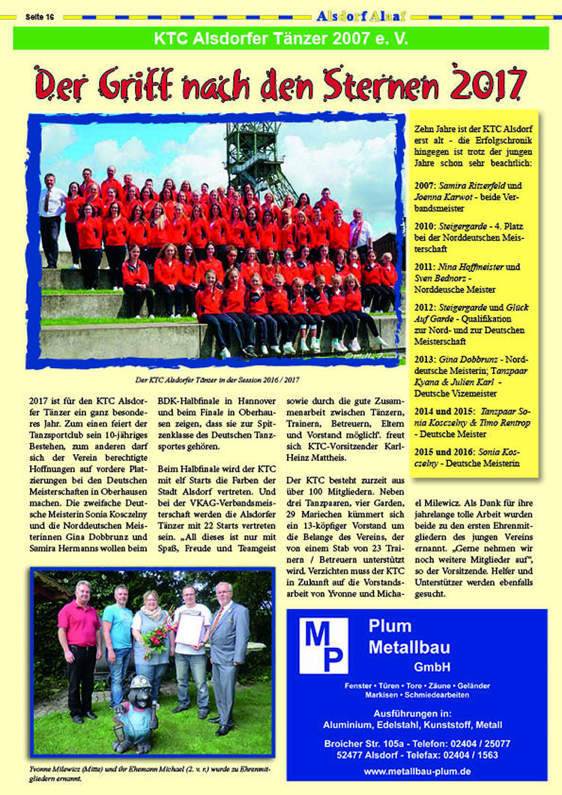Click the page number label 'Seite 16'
click(39, 15)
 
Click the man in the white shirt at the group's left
click(52, 217)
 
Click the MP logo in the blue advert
click(324, 644)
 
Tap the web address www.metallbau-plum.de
click(417, 770)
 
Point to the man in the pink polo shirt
click(79, 644)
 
